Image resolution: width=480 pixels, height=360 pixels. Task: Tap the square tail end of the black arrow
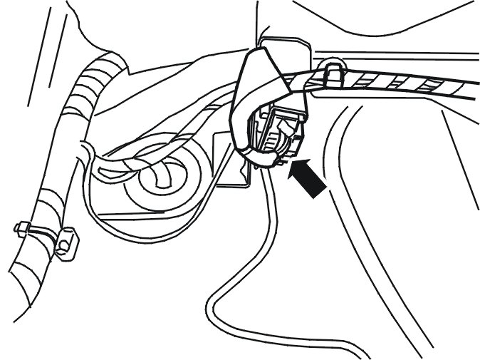click(x=321, y=190)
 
